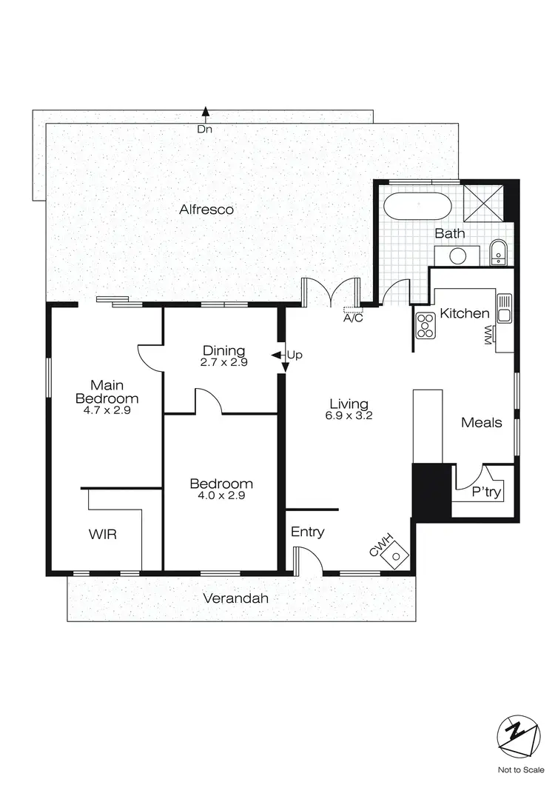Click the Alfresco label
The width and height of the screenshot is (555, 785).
pyautogui.click(x=206, y=210)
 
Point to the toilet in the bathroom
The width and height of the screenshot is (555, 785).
pyautogui.click(x=498, y=253)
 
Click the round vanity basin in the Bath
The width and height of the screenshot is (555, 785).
pyautogui.click(x=457, y=256)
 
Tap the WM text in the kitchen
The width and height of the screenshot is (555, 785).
pyautogui.click(x=488, y=337)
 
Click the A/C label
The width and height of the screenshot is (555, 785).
pyautogui.click(x=352, y=320)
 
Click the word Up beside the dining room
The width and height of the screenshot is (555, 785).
pyautogui.click(x=295, y=355)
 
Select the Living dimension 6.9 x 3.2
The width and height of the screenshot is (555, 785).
pyautogui.click(x=349, y=416)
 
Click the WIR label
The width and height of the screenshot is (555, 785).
pyautogui.click(x=103, y=534)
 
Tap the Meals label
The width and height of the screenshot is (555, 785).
pyautogui.click(x=481, y=423)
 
